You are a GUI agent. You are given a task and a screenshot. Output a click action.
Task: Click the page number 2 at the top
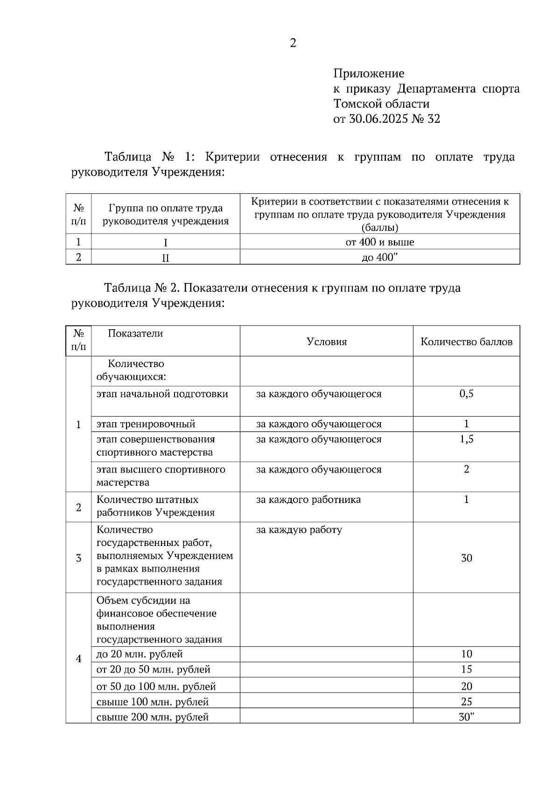[x=293, y=43]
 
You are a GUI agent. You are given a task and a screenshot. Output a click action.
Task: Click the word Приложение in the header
[x=369, y=73]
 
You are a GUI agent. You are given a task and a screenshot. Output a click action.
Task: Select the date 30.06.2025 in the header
[x=378, y=119]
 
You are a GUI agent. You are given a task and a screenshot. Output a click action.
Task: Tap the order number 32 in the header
[x=433, y=119]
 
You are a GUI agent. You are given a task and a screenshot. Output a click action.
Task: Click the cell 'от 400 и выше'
[x=379, y=242]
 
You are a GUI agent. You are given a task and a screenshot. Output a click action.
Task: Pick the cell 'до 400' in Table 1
[x=379, y=257]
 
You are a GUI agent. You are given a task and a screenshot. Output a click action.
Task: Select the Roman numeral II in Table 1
[x=165, y=258]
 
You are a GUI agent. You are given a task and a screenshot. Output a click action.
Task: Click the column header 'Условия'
[x=327, y=342]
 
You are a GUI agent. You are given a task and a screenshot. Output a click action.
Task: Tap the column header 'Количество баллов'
[x=466, y=342]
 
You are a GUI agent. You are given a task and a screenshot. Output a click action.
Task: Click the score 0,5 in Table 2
[x=466, y=394]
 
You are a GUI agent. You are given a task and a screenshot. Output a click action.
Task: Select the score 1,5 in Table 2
[x=466, y=439]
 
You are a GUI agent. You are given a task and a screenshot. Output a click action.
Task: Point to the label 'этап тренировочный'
[x=146, y=424]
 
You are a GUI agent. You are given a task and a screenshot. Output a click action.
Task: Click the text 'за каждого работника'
[x=308, y=500]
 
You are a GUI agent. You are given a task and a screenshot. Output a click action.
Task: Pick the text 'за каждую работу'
[x=299, y=530]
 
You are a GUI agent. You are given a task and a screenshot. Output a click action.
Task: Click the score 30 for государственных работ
[x=466, y=558]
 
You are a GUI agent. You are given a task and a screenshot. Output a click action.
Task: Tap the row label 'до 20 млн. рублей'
[x=140, y=654]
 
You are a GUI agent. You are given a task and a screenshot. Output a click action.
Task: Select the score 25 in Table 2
[x=466, y=701]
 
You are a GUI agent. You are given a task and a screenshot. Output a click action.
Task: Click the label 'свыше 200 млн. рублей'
[x=152, y=717]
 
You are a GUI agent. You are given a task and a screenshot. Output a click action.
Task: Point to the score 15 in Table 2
[x=466, y=669]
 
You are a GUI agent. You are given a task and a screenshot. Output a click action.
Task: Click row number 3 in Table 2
[x=78, y=558]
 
